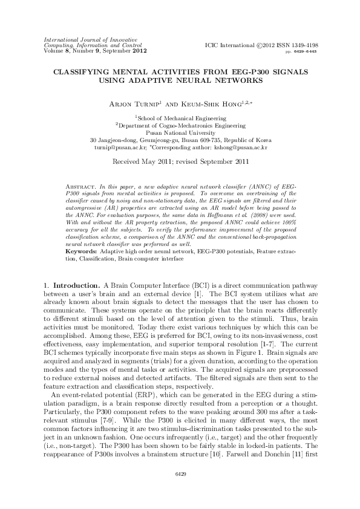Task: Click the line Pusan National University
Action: click(x=180, y=132)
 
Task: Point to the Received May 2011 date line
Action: click(x=179, y=162)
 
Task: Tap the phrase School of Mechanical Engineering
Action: click(x=180, y=117)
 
